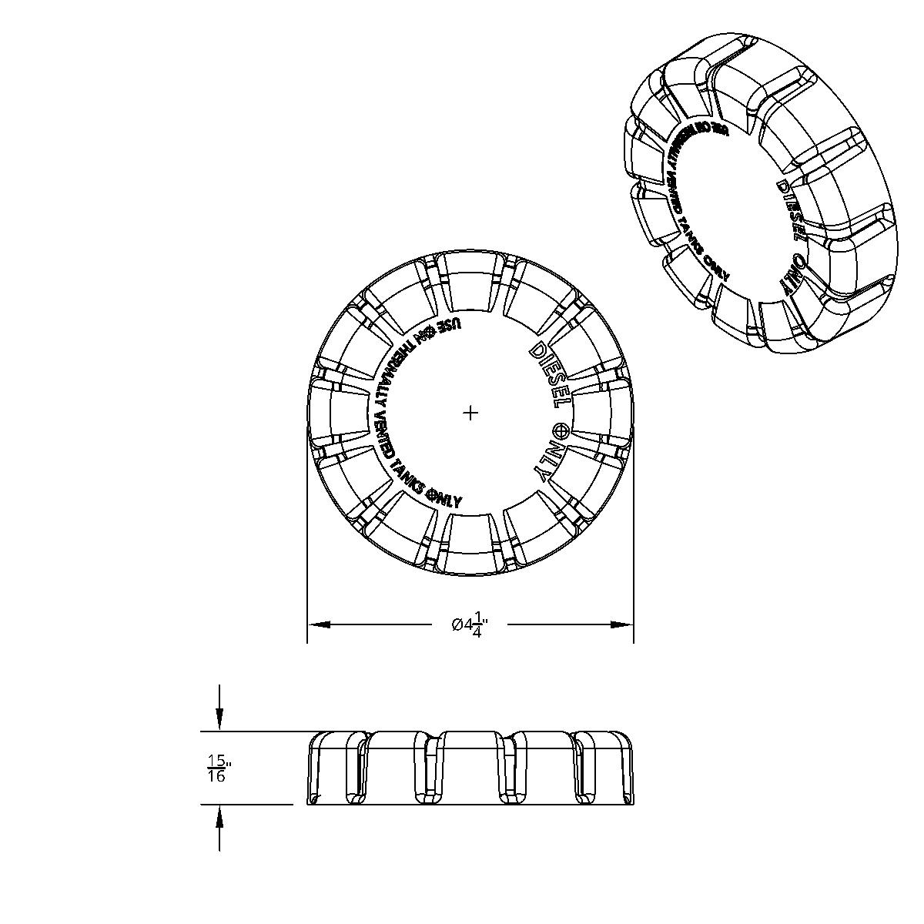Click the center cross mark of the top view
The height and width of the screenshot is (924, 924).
(x=470, y=413)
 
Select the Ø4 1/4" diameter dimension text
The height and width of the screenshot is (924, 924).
(x=469, y=624)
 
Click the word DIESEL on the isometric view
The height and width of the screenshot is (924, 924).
(x=792, y=209)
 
